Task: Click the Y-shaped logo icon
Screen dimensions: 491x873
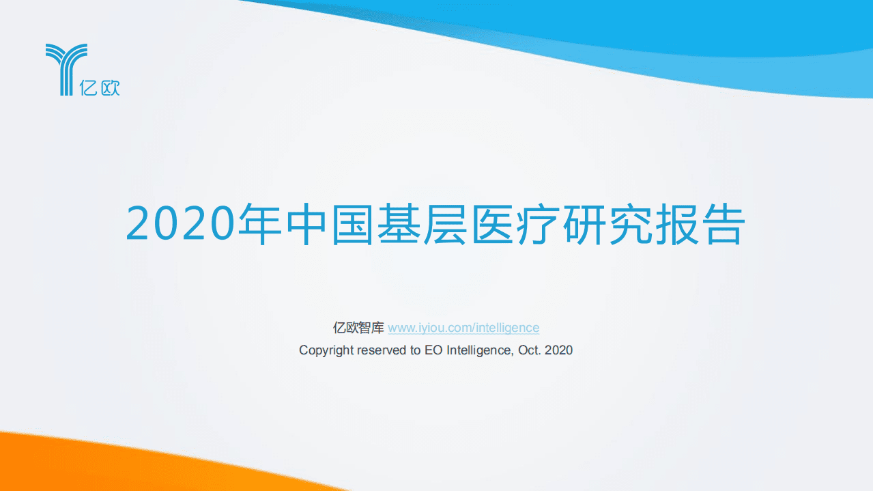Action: (66, 68)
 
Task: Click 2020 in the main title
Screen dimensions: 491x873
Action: (181, 224)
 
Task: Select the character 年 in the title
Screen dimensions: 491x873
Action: (259, 224)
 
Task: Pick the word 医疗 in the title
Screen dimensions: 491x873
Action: (515, 224)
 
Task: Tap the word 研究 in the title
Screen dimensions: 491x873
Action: (607, 224)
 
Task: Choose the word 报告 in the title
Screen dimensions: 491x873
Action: (700, 224)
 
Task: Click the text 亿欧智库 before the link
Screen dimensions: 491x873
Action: (358, 328)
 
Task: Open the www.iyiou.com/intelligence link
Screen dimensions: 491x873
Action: (463, 328)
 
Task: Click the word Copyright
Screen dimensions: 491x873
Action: (326, 350)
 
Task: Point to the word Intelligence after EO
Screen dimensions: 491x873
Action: (478, 350)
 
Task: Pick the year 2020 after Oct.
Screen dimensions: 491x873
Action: (559, 350)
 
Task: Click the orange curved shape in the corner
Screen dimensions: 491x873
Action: (102, 464)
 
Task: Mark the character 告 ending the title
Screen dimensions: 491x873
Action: (722, 224)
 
